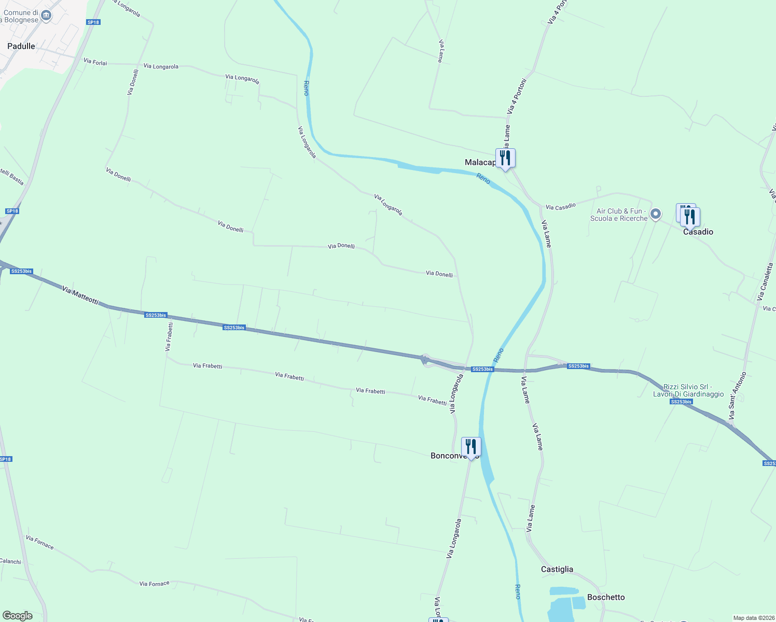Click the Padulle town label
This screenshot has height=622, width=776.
(21, 46)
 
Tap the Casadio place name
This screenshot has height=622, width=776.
(698, 232)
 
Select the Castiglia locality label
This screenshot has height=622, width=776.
(557, 569)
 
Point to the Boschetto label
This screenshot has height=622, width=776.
(606, 597)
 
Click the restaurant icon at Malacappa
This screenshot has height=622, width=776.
(505, 158)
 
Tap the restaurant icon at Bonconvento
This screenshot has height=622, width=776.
(470, 446)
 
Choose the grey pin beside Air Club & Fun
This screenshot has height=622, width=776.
(656, 214)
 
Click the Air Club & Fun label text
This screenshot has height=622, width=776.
(619, 215)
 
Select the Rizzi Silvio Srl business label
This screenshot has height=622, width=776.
(688, 390)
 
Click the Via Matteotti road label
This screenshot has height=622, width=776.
(80, 295)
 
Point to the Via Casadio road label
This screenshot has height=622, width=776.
(561, 206)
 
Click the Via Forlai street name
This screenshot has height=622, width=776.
(95, 62)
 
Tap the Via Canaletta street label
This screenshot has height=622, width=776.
(766, 282)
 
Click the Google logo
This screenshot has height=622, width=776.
(18, 616)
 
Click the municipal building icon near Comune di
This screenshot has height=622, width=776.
(46, 16)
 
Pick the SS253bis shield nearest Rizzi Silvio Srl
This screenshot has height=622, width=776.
(681, 402)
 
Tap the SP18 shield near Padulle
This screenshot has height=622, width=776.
(93, 22)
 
